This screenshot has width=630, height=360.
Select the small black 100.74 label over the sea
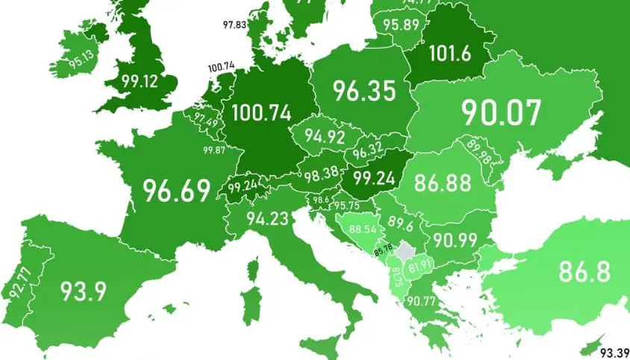pos(221,66)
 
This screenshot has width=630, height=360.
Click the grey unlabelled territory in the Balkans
pos(405,252)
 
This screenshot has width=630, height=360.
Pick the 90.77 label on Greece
pos(422,302)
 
